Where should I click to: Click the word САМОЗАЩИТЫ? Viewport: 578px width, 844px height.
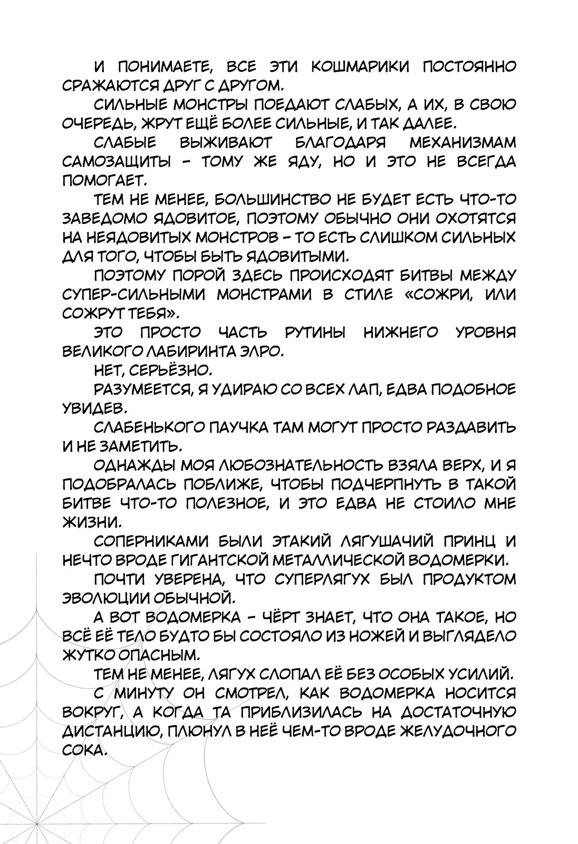point(117,162)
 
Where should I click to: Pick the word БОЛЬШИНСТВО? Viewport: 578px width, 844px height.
point(274,200)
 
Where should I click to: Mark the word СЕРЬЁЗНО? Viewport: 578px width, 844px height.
point(174,371)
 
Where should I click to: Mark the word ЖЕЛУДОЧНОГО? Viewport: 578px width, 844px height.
point(458,732)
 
